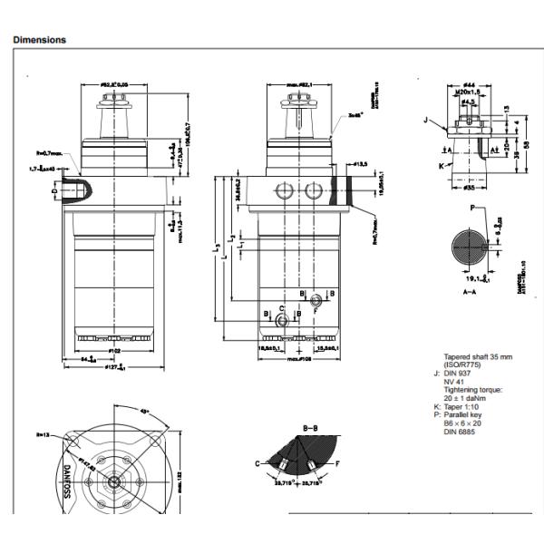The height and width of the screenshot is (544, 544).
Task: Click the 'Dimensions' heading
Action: coord(40,40)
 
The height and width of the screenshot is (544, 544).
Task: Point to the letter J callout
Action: coord(425,119)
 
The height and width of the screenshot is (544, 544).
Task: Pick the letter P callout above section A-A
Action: coord(471,208)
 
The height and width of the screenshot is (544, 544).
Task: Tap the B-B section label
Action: coord(310,426)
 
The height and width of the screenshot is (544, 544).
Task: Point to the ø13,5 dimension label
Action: coord(359,164)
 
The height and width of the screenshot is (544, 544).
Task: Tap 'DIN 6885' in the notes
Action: coord(460,431)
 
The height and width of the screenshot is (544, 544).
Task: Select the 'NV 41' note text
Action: coord(453,382)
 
